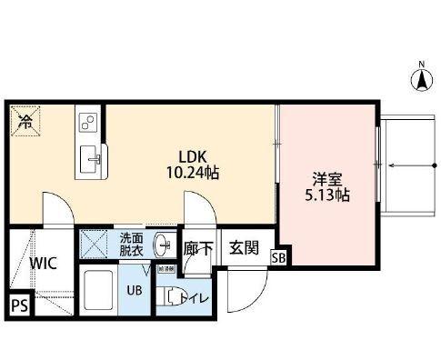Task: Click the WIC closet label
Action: pyautogui.click(x=43, y=264)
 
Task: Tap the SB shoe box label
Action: pyautogui.click(x=279, y=258)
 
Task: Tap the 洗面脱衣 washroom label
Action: pyautogui.click(x=132, y=245)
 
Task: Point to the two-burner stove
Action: pyautogui.click(x=89, y=121)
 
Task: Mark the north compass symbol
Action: pyautogui.click(x=421, y=79)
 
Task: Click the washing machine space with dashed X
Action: pyautogui.click(x=93, y=243)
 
